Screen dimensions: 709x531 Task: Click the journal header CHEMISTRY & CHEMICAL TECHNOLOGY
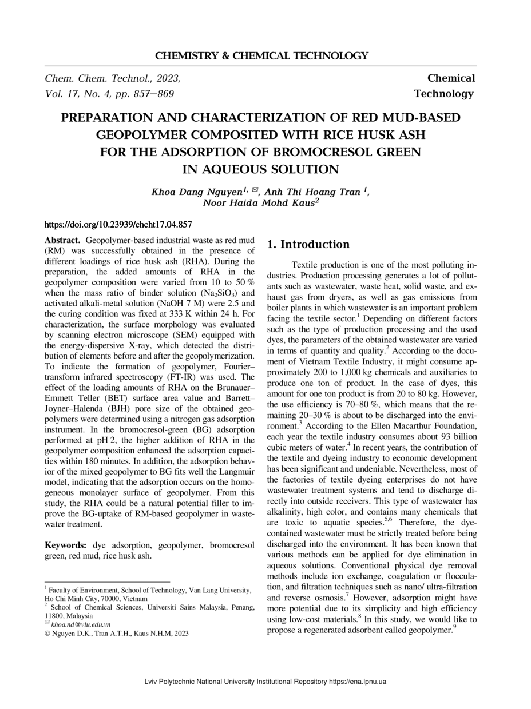click(261, 56)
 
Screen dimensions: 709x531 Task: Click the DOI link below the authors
click(118, 225)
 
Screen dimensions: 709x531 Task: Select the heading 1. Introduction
click(308, 245)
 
